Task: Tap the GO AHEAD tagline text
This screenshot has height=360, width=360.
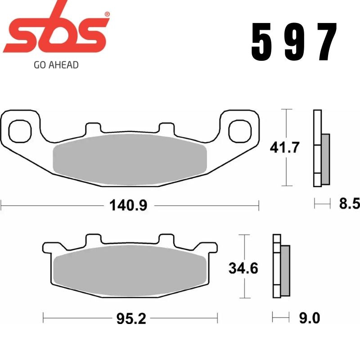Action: click(x=56, y=65)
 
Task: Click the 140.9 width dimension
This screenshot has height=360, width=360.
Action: click(x=128, y=206)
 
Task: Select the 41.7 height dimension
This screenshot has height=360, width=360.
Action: click(x=284, y=147)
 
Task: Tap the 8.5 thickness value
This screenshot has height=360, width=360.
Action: click(x=349, y=205)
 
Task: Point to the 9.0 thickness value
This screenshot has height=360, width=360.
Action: click(x=309, y=319)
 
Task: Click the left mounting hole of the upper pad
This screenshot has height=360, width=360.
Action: click(x=19, y=129)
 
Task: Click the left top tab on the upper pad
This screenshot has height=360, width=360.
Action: click(x=93, y=128)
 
